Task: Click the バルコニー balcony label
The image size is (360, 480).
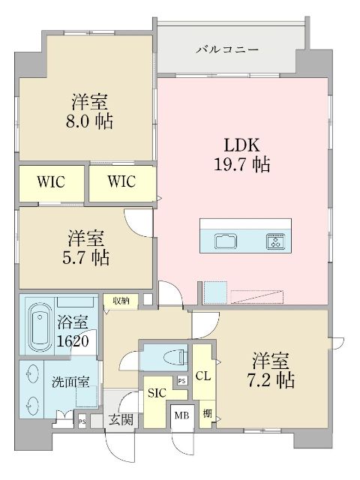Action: pyautogui.click(x=228, y=50)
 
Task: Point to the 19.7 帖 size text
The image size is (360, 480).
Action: pyautogui.click(x=240, y=163)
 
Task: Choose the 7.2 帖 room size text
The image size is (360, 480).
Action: pyautogui.click(x=273, y=379)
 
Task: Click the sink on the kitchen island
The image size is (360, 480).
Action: pyautogui.click(x=226, y=241)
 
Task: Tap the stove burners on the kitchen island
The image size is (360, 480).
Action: pyautogui.click(x=274, y=241)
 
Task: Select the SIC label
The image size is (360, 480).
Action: pyautogui.click(x=157, y=391)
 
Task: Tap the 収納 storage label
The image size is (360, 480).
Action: pyautogui.click(x=121, y=301)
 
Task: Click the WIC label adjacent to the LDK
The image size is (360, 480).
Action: pyautogui.click(x=121, y=181)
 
